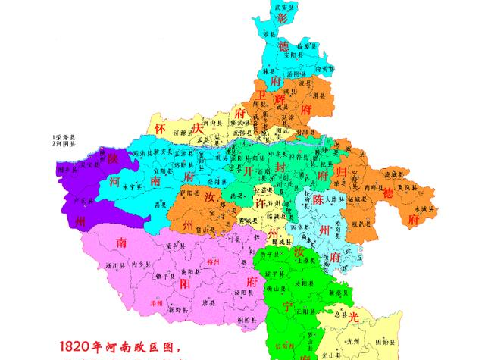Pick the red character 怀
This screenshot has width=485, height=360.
[x=161, y=127]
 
